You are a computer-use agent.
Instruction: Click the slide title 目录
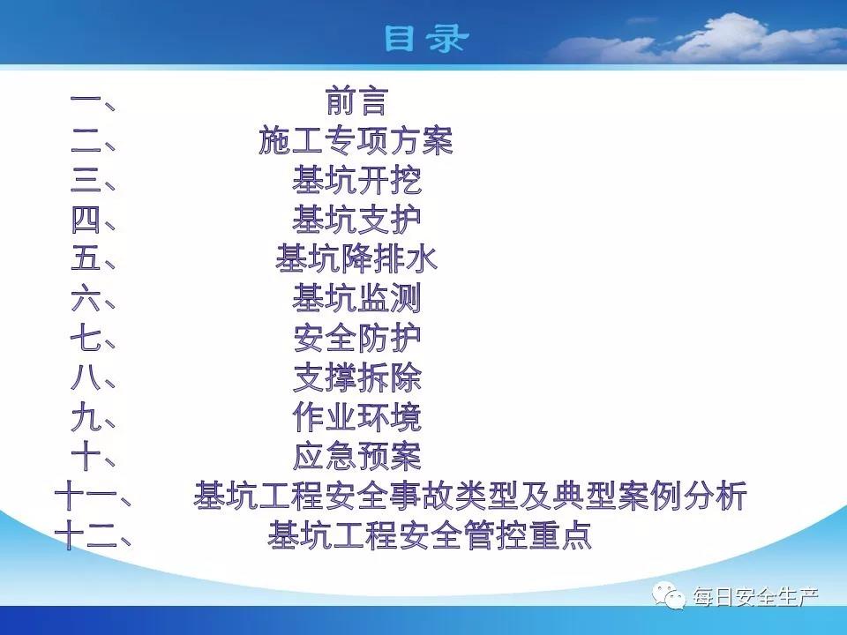[x=426, y=38]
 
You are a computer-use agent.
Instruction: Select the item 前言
[x=356, y=101]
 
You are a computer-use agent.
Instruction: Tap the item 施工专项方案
[x=356, y=140]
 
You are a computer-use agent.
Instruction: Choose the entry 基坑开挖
[x=356, y=180]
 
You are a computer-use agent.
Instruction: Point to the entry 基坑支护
[x=356, y=220]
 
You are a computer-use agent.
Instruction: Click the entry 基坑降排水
[x=356, y=258]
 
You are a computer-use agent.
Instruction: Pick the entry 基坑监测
[x=356, y=298]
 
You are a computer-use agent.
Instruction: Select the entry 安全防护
[x=356, y=338]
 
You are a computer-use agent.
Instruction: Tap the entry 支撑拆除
[x=356, y=377]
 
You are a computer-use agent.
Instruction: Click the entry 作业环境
[x=356, y=417]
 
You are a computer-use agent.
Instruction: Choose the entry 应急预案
[x=356, y=456]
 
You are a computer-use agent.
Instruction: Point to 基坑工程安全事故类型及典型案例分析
[x=470, y=496]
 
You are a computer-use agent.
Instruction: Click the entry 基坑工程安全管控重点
[x=430, y=535]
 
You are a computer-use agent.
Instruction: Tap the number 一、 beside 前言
[x=93, y=101]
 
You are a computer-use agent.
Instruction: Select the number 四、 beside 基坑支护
[x=93, y=220]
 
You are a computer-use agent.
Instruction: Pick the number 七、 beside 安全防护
[x=93, y=338]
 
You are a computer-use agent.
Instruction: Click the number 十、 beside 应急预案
[x=93, y=456]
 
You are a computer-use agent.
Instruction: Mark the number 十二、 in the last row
[x=93, y=535]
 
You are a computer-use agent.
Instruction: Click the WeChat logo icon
[x=669, y=595]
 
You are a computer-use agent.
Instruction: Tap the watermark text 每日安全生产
[x=756, y=597]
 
